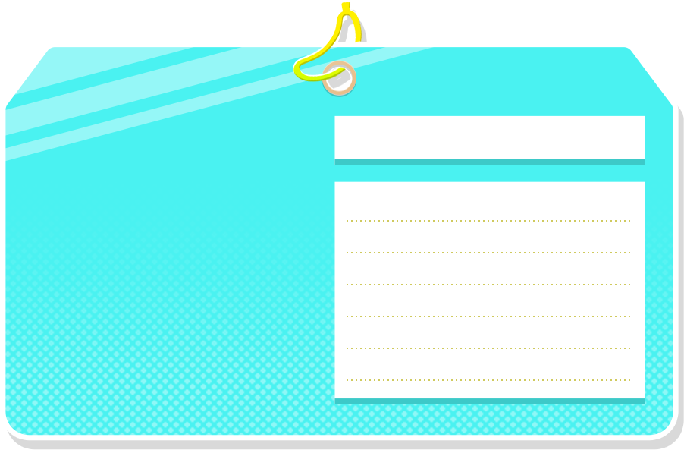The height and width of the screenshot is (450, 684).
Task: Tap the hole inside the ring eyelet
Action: (339, 78)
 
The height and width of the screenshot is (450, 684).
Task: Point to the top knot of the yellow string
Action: (346, 8)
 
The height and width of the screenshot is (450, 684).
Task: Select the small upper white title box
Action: (489, 137)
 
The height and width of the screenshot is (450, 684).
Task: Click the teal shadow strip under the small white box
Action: (489, 162)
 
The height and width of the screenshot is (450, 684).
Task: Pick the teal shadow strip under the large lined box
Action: (489, 401)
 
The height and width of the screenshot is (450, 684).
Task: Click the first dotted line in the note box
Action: (488, 221)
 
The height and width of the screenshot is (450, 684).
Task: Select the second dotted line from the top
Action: (488, 253)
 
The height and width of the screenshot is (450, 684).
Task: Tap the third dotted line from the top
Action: (488, 285)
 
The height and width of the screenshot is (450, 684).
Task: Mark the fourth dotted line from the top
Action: (488, 316)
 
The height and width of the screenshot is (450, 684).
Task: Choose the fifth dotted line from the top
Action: (488, 348)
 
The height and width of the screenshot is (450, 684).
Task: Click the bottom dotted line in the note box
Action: (488, 380)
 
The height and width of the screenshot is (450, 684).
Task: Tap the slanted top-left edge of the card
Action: (26, 73)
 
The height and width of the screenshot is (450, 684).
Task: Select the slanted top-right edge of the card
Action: (653, 73)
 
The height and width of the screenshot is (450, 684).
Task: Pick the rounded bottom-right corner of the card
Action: (668, 431)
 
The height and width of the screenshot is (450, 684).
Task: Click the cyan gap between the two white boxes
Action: (489, 173)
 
